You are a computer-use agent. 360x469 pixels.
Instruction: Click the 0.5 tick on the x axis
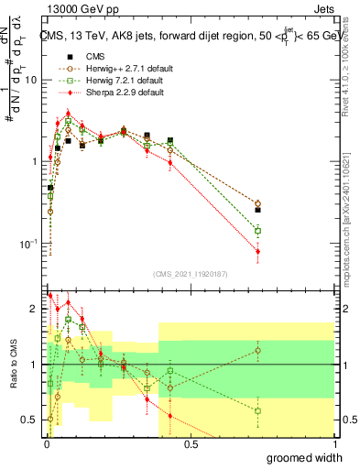coord(191,443)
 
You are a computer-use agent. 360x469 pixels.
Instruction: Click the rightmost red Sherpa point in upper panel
coord(258,251)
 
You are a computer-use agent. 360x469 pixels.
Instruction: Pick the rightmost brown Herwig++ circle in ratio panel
coord(258,350)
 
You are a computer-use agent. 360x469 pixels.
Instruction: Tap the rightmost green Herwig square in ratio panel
coord(258,410)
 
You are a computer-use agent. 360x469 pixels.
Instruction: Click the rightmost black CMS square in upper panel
coord(258,210)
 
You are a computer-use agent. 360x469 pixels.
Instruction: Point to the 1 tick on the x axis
coord(334,443)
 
